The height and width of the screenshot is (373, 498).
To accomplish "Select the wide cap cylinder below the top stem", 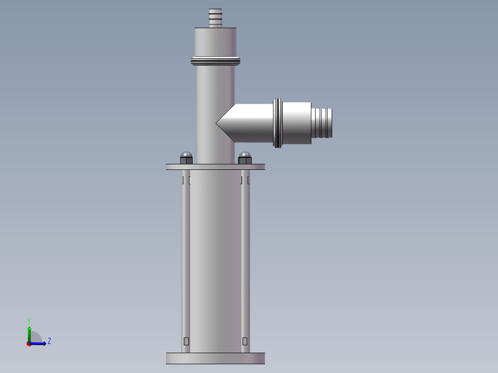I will click(215, 42).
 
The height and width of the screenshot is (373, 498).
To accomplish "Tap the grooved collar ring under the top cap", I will click(215, 60).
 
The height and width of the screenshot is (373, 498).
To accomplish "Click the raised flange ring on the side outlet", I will click(278, 123).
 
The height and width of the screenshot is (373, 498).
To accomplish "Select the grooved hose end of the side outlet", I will click(322, 123).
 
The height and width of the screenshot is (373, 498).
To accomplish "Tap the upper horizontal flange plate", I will click(215, 167).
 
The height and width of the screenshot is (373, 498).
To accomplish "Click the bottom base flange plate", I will click(215, 358).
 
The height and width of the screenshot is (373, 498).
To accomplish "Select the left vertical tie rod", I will click(185, 259).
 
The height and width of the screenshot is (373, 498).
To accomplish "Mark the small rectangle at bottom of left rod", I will click(187, 341).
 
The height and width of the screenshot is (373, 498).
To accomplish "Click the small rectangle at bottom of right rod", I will click(245, 341).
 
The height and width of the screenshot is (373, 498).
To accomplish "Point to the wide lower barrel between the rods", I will click(215, 259).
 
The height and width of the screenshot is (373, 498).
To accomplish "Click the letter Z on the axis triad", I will click(49, 341).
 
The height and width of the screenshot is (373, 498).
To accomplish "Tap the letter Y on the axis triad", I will click(29, 320).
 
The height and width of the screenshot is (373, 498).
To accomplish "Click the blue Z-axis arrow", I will click(39, 343).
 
